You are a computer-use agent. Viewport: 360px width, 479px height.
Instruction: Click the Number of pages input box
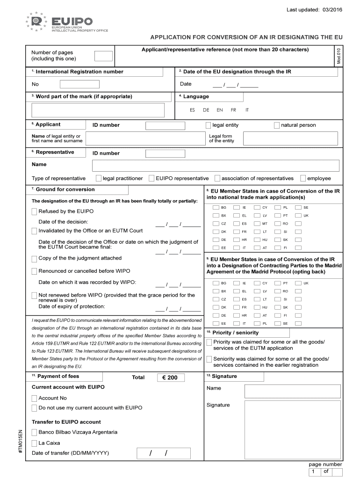pos(103,56)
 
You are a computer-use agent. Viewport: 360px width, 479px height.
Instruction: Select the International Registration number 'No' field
pos(79,84)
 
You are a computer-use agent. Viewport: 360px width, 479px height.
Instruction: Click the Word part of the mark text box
pos(98,110)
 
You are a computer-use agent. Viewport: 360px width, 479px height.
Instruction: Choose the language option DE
pos(206,110)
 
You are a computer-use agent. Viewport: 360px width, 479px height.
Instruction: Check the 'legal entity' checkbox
pos(209,125)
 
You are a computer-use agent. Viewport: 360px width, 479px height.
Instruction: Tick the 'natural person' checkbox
pos(277,125)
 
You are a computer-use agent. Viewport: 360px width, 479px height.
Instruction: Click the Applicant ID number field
pos(165,125)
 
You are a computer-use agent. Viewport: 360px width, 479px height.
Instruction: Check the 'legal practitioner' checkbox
pos(99,178)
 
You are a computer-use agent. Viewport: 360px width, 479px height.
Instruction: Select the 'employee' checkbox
pos(303,178)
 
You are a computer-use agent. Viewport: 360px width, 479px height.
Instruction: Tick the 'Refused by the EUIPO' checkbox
pos(34,211)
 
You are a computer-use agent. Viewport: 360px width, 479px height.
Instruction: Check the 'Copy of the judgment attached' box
pos(34,259)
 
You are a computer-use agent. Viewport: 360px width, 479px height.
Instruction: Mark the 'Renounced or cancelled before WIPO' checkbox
pos(34,271)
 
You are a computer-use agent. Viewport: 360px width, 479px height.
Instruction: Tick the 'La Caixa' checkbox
pos(34,443)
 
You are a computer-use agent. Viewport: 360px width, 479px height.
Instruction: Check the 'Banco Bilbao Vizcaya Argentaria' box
pos(34,432)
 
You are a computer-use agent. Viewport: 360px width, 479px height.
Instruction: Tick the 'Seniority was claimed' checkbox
pos(209,359)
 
